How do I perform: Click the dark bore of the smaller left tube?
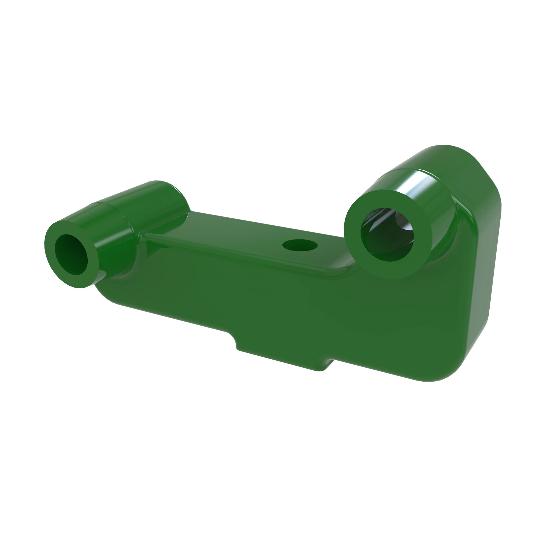click(x=72, y=254)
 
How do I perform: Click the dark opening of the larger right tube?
click(x=387, y=235)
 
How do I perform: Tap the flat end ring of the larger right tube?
click(x=358, y=261)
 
